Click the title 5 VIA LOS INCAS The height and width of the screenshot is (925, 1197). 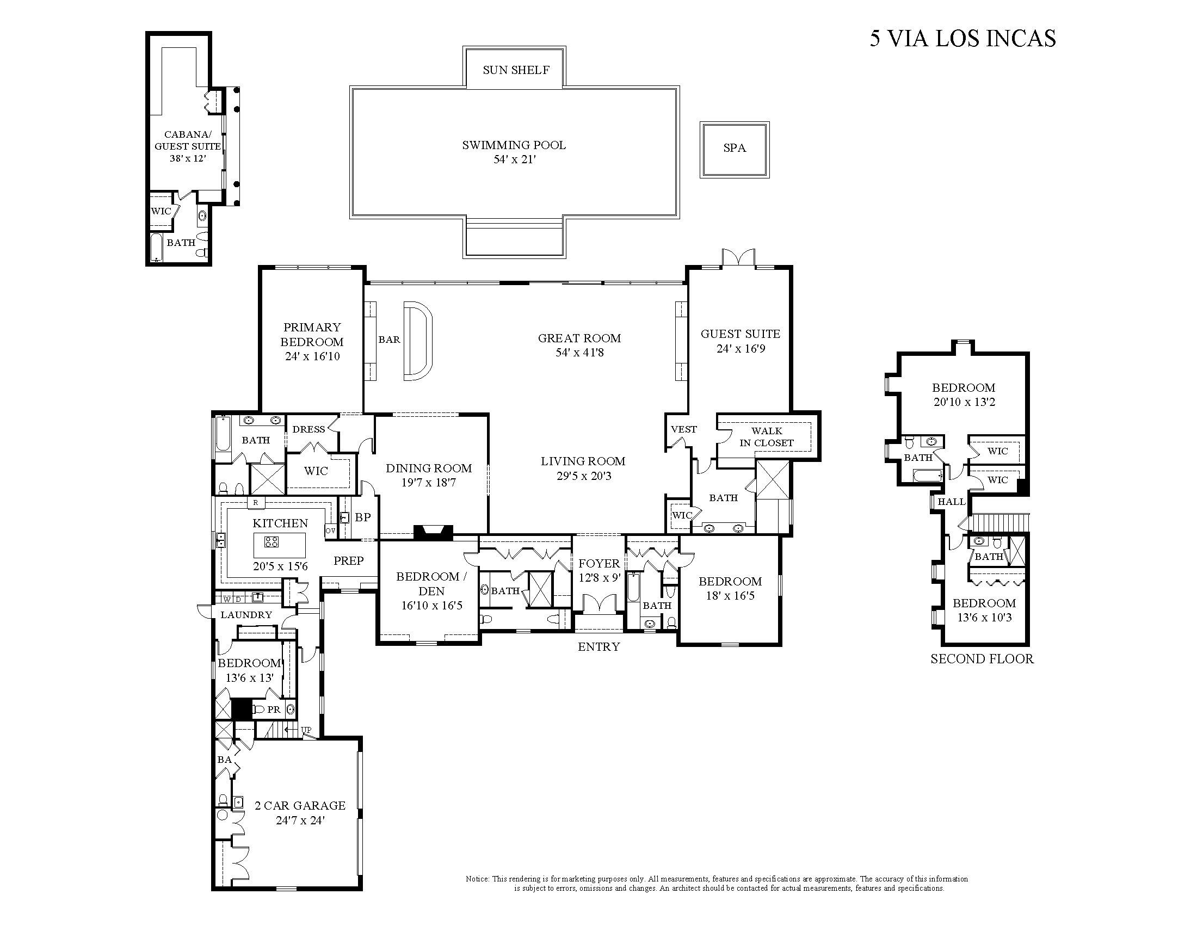[x=962, y=38]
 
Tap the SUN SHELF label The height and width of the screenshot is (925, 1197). [x=516, y=70]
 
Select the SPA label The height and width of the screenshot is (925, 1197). [x=735, y=148]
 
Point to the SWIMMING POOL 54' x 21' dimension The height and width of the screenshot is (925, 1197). [x=514, y=159]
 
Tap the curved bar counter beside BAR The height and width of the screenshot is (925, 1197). [x=418, y=340]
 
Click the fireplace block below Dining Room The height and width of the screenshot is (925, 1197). [x=433, y=533]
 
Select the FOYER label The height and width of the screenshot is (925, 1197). [x=599, y=563]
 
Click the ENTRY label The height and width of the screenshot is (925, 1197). [x=598, y=646]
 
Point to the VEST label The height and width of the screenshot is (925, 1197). [x=683, y=429]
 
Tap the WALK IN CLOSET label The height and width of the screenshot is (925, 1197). [x=766, y=437]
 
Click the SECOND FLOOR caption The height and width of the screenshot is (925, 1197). [x=982, y=659]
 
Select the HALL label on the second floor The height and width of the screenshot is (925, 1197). [x=951, y=502]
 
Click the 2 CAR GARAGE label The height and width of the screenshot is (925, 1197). [x=300, y=805]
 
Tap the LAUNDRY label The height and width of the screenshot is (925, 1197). [x=246, y=615]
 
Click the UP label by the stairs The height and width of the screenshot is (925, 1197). [x=306, y=730]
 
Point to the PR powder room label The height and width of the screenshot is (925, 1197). [x=274, y=710]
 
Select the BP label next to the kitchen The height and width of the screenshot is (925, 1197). [x=362, y=517]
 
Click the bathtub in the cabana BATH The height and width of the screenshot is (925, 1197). [x=156, y=247]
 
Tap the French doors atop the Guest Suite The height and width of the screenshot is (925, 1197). [x=738, y=258]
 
